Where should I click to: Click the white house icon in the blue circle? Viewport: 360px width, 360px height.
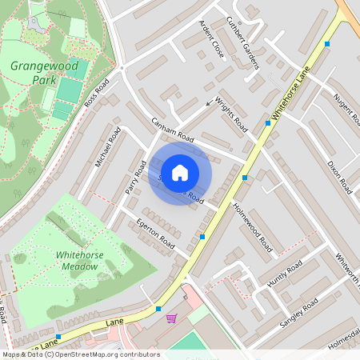[x=180, y=172]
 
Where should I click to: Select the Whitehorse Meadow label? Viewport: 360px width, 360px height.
[x=83, y=261]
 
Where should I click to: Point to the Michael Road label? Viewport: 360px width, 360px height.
[x=106, y=150]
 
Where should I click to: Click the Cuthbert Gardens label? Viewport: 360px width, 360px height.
[x=242, y=42]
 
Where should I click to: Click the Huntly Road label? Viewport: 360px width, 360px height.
[x=286, y=271]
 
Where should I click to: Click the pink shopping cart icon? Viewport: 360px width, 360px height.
[x=170, y=318]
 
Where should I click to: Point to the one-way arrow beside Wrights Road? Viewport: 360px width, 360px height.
[x=210, y=102]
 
